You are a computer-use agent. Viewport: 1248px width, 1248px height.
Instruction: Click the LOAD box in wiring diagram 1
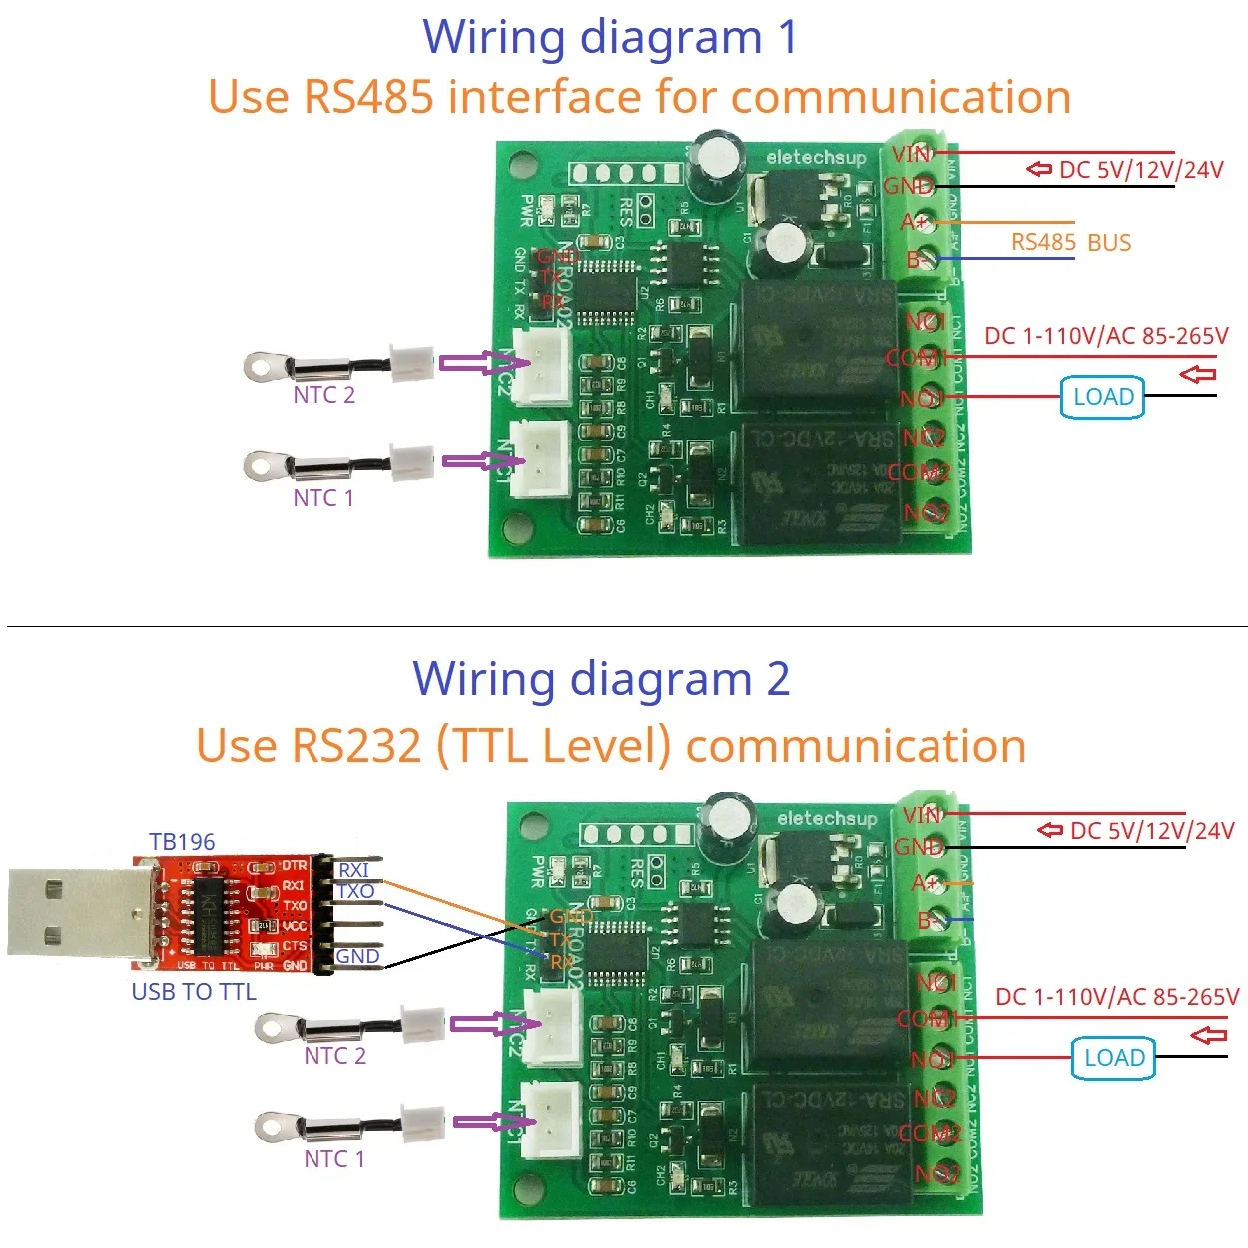1102,397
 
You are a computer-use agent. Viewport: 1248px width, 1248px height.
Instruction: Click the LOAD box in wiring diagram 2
1113,1058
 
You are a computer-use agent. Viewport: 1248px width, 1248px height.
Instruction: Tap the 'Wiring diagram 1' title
610,37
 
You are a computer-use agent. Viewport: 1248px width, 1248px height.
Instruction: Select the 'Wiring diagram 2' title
601,679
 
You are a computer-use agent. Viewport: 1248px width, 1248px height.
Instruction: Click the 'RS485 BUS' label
1070,242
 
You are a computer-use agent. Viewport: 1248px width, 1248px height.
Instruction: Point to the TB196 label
182,842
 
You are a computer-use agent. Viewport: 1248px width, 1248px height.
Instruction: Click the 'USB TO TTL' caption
194,991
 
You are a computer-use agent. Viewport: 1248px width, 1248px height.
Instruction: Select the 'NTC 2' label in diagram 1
323,395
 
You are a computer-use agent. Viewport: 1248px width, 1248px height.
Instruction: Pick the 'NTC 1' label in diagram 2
334,1159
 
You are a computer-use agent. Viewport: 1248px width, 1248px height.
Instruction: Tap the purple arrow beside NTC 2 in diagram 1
477,364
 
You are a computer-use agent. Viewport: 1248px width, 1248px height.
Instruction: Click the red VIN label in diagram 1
911,154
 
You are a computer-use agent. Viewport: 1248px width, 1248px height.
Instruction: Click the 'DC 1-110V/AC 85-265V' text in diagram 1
1106,336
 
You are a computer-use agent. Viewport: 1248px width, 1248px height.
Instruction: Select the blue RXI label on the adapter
353,870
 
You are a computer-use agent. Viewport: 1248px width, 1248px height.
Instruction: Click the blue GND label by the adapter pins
357,956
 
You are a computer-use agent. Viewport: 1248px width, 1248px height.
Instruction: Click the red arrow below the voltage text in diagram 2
1208,1035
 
